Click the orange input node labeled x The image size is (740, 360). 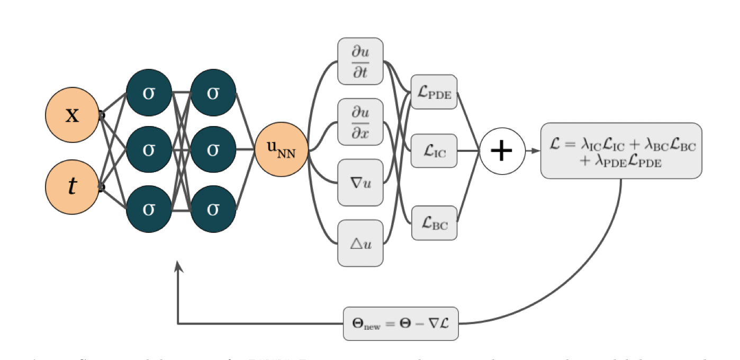point(72,114)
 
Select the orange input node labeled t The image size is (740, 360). point(72,187)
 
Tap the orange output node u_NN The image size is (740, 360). point(281,150)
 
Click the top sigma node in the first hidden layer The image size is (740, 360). point(149,93)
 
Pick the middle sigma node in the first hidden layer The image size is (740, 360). point(149,150)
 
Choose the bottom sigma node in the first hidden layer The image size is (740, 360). point(149,209)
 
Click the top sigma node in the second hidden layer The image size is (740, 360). point(213,93)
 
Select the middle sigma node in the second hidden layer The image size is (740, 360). point(213,150)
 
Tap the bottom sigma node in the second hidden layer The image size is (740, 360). point(213,209)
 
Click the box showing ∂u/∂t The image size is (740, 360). point(360,61)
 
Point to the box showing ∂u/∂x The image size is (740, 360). point(360,122)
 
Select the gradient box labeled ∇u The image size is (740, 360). point(360,183)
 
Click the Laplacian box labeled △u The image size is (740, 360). point(360,243)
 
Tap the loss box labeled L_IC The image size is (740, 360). point(434,151)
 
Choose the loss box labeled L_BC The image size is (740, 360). point(434,223)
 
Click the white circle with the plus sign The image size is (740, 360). point(502,151)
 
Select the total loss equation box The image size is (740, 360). point(621,151)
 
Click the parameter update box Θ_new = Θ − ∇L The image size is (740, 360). point(401,323)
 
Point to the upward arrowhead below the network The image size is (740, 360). point(179,266)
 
